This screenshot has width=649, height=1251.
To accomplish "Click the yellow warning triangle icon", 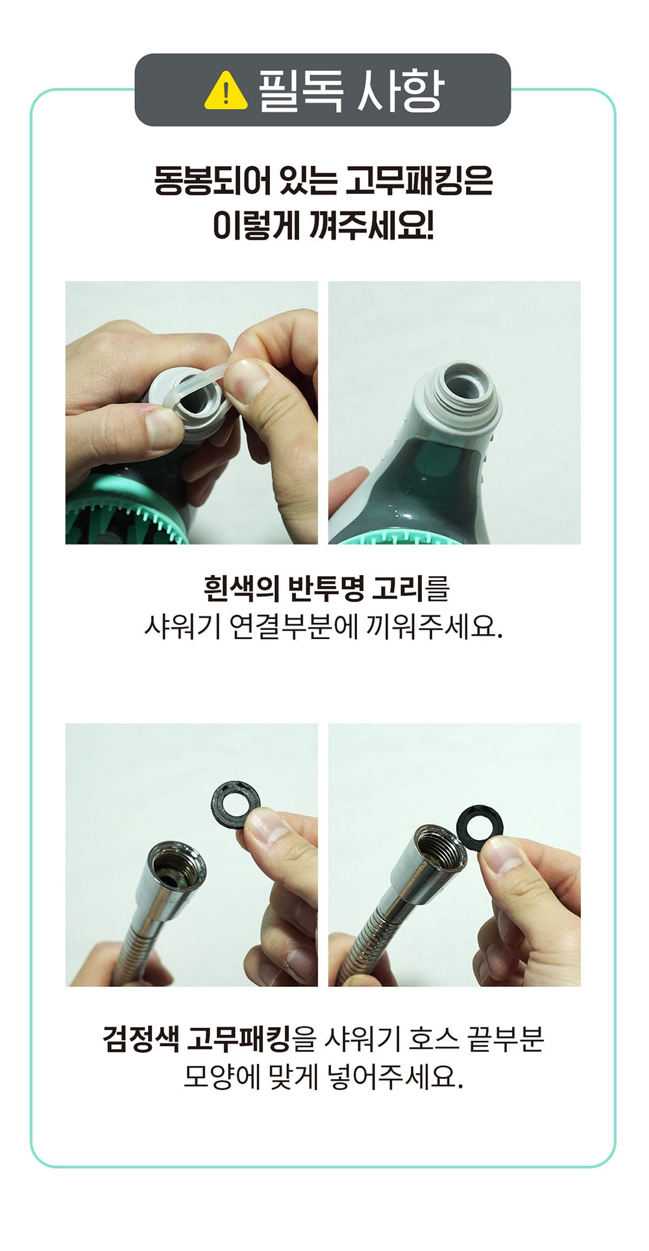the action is pos(226,91).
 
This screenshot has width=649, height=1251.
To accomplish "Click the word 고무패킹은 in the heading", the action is pos(419,180).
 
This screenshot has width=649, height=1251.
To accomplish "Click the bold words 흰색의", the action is pos(241,589).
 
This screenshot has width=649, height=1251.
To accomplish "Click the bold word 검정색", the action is pos(140,1039).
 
